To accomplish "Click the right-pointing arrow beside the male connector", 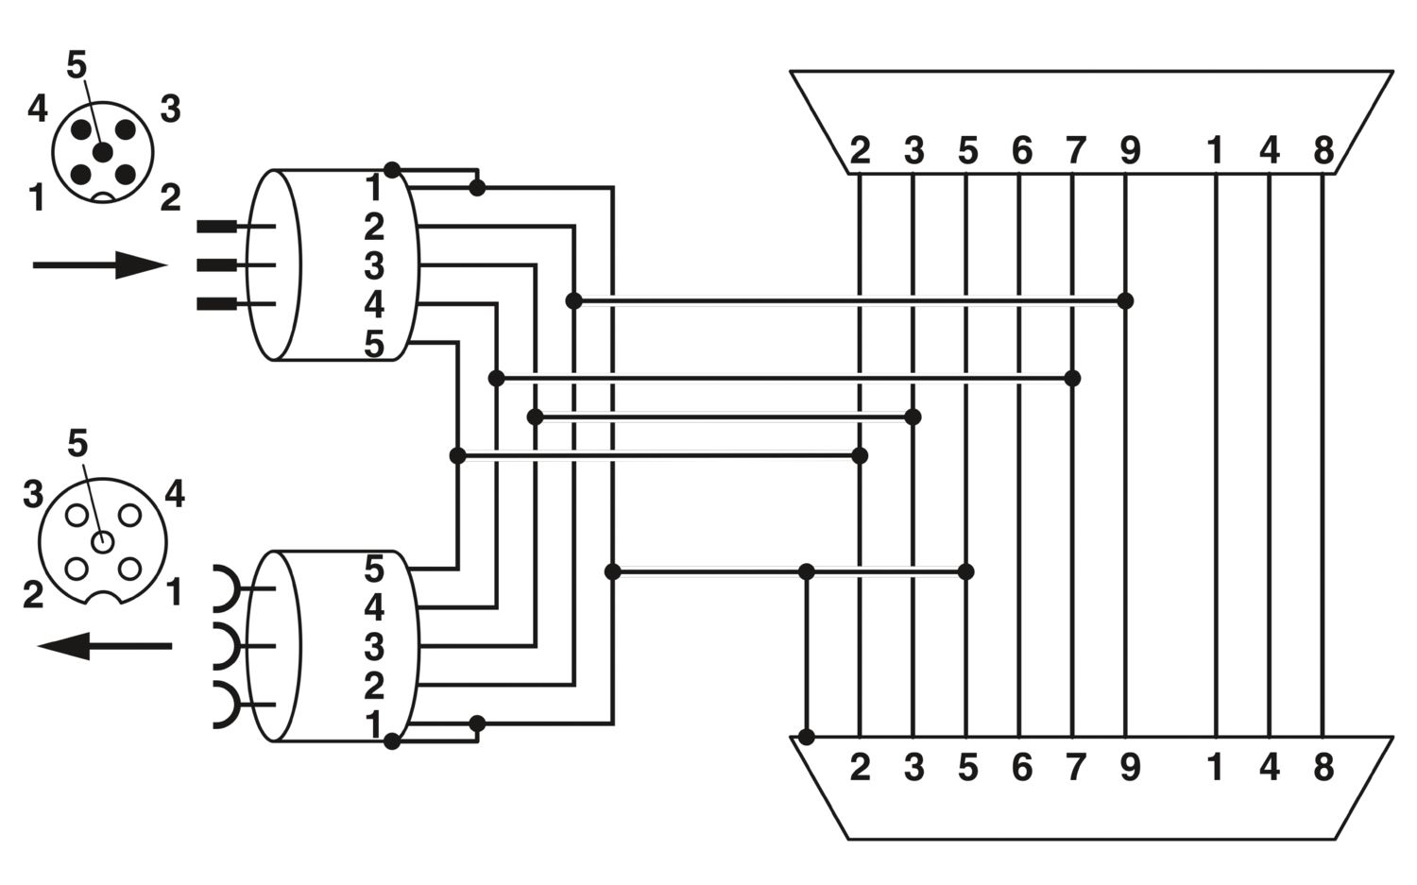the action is pyautogui.click(x=100, y=265).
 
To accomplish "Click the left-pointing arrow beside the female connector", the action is pyautogui.click(x=104, y=646).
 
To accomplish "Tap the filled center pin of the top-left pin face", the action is pyautogui.click(x=102, y=152).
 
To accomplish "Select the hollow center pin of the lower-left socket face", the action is pyautogui.click(x=102, y=542).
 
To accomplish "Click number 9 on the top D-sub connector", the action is pyautogui.click(x=1130, y=150).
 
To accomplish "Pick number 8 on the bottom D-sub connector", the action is pyautogui.click(x=1323, y=767).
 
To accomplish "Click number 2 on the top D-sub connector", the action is pyautogui.click(x=860, y=150).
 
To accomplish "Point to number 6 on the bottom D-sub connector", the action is pyautogui.click(x=1022, y=767).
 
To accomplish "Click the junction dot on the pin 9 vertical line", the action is pyautogui.click(x=1125, y=301).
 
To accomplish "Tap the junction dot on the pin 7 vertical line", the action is pyautogui.click(x=1072, y=379).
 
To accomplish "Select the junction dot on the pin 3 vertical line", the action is pyautogui.click(x=913, y=417).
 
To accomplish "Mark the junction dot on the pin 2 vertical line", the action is pyautogui.click(x=860, y=455).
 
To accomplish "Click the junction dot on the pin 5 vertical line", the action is pyautogui.click(x=966, y=571).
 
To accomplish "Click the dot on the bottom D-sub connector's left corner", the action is pyautogui.click(x=806, y=737).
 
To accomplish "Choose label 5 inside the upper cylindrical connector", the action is pyautogui.click(x=374, y=345).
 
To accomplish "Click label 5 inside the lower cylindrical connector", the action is pyautogui.click(x=374, y=570).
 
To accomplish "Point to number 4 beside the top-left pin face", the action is pyautogui.click(x=38, y=109).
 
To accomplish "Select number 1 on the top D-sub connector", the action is pyautogui.click(x=1215, y=150).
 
